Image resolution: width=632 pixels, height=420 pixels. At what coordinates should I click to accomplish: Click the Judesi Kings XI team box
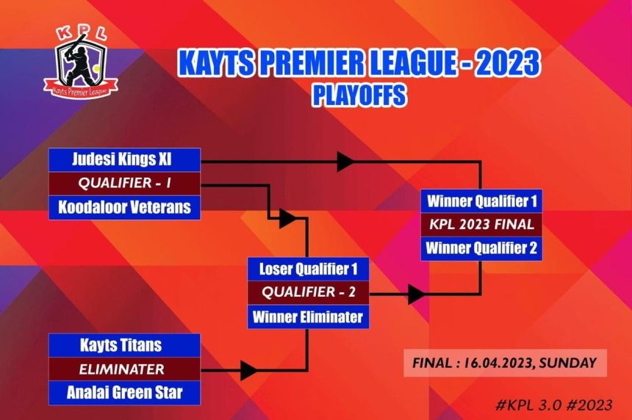point(124,160)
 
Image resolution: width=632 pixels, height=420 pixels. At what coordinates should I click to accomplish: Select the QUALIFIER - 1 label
point(124,184)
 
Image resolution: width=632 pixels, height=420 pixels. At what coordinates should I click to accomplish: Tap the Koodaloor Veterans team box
point(124,208)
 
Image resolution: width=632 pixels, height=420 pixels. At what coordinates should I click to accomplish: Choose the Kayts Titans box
point(124,346)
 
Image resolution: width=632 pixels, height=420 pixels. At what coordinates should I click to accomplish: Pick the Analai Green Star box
point(124,393)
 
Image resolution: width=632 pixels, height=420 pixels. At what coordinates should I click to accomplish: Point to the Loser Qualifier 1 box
point(309,269)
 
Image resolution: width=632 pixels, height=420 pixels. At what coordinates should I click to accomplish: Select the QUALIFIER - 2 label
point(309,292)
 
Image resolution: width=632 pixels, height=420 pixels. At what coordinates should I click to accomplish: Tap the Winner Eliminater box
point(309,317)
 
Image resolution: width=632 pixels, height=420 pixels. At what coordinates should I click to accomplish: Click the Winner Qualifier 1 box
point(481,201)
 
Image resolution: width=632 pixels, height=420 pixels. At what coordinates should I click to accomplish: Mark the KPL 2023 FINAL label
point(481,225)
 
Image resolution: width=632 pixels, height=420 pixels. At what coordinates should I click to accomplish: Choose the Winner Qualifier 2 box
point(481,249)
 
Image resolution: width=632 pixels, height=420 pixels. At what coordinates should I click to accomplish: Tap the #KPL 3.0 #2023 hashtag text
point(554,405)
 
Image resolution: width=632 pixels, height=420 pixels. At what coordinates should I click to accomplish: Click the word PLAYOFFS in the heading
point(359,95)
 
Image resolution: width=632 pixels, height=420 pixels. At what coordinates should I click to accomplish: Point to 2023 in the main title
point(507,63)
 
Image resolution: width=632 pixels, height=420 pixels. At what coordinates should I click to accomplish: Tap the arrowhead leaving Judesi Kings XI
point(345,162)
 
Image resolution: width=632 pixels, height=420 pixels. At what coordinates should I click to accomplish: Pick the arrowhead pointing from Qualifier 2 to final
point(416,294)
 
